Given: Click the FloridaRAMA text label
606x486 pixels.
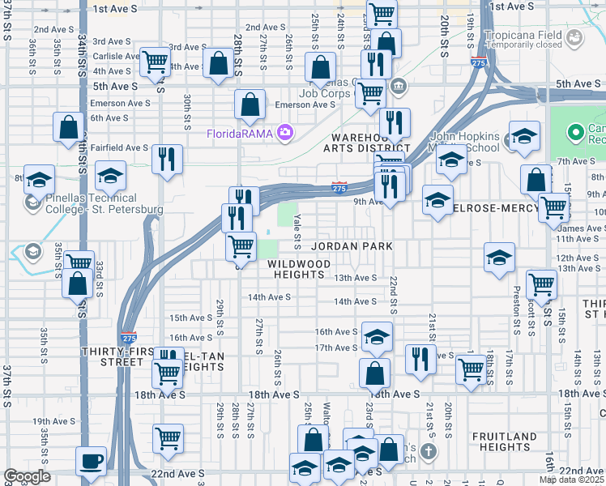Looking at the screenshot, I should pyautogui.click(x=240, y=134).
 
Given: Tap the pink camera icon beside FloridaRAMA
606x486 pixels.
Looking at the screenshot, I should pyautogui.click(x=284, y=132).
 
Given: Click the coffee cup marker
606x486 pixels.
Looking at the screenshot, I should pyautogui.click(x=91, y=461).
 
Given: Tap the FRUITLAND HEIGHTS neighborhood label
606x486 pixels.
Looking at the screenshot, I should pyautogui.click(x=504, y=441).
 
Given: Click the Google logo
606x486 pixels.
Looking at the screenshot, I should pyautogui.click(x=27, y=476).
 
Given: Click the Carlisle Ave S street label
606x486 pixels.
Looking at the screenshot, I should pyautogui.click(x=116, y=56).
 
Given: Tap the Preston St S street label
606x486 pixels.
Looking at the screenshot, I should pyautogui.click(x=516, y=310).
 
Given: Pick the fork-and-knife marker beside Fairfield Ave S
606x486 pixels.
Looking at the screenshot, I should pyautogui.click(x=167, y=159).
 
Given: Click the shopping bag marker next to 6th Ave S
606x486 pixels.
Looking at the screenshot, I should pyautogui.click(x=69, y=127).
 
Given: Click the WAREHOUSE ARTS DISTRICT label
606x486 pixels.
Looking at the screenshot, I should pyautogui.click(x=366, y=143).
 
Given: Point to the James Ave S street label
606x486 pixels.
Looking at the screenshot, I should pyautogui.click(x=578, y=228).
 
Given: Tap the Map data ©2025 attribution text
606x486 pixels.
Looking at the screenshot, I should pyautogui.click(x=571, y=480).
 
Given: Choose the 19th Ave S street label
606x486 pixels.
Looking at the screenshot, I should pyautogui.click(x=53, y=422).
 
